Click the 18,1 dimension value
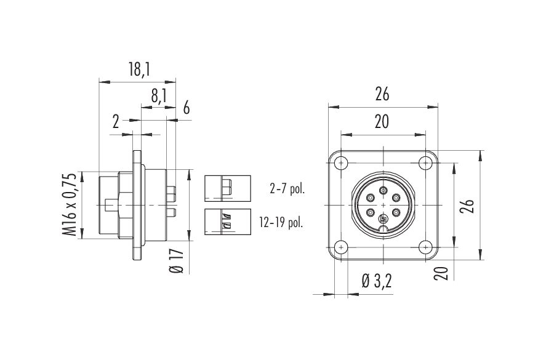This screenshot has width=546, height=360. (139, 70)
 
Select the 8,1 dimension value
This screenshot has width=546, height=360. (159, 97)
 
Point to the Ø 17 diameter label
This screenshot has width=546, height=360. (177, 260)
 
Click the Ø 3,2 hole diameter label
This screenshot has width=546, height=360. (377, 281)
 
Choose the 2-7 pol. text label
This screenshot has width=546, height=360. (287, 189)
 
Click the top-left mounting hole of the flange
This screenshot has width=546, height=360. (341, 162)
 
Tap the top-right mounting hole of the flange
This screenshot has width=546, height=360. (425, 162)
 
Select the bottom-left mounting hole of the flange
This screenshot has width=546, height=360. (341, 247)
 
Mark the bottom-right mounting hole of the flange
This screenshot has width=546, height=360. (425, 247)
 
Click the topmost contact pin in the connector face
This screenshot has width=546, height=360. (383, 190)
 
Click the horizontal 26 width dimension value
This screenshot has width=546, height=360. (382, 94)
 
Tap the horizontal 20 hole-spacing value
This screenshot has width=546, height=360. (382, 122)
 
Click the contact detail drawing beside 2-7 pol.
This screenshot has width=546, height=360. (228, 188)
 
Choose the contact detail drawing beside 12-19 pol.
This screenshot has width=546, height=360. (228, 222)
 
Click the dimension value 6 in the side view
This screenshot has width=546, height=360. (187, 108)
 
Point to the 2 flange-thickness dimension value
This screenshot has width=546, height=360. (116, 122)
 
